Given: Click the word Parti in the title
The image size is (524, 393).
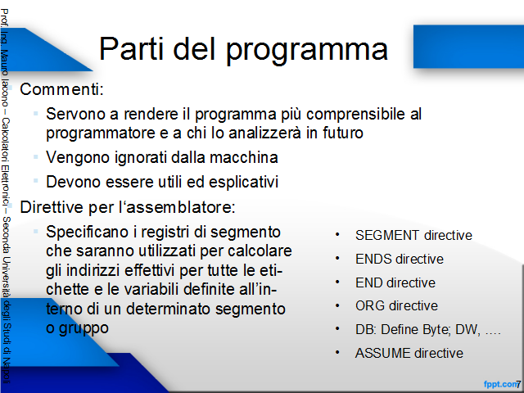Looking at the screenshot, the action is click(x=131, y=48).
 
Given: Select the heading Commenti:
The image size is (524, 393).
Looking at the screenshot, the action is click(x=62, y=89).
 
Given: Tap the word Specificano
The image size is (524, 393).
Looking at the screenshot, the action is click(x=88, y=233).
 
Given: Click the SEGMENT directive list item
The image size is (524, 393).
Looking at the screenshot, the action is click(x=413, y=235).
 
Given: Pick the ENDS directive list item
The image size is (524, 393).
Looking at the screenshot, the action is click(x=400, y=259).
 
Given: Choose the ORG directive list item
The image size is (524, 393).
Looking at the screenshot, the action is click(x=396, y=305).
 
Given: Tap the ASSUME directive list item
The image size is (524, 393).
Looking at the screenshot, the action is click(x=409, y=353).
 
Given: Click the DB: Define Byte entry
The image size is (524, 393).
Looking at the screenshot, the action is click(x=403, y=330).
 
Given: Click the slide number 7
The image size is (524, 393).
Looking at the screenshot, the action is click(x=518, y=384).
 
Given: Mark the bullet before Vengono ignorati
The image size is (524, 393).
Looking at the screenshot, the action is click(x=36, y=156).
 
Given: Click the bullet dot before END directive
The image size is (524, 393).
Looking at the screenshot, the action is click(x=337, y=282).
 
